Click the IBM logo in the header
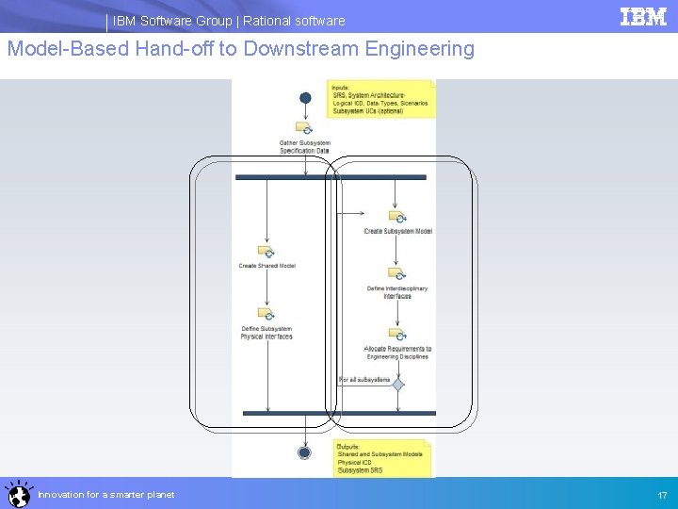pos(643,17)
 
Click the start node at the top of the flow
pos(305,98)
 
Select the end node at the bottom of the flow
pos(304,452)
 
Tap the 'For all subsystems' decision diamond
pos(398,385)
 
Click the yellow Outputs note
pos(382,458)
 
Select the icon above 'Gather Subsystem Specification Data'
pos(304,128)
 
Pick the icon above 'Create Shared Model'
pos(266,253)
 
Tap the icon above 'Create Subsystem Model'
pos(397,217)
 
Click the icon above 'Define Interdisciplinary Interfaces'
pos(397,274)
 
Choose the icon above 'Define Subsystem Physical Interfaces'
pos(266,314)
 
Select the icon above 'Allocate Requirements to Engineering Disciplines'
pos(397,335)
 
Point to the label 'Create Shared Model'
pos(266,266)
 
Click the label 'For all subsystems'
pos(364,380)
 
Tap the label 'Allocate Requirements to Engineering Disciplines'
pos(397,353)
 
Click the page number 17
pos(662,495)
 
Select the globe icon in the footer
pos(18,494)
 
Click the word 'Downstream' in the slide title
pos(301,48)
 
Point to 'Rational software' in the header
pos(294,21)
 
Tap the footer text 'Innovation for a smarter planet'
pos(105,495)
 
